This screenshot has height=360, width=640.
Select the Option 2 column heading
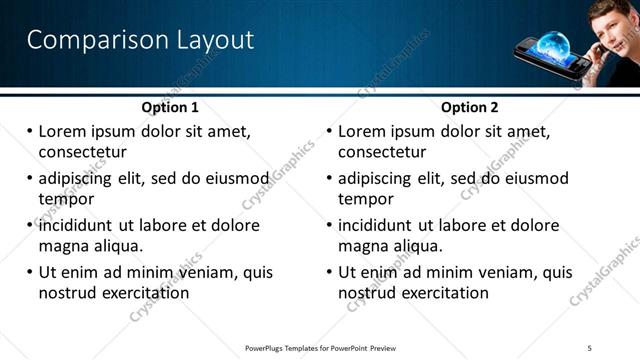[x=471, y=107]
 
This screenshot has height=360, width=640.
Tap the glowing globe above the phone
[x=553, y=44]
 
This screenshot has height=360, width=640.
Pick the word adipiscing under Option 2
[x=379, y=178]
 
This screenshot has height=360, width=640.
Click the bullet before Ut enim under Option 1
[x=30, y=272]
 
